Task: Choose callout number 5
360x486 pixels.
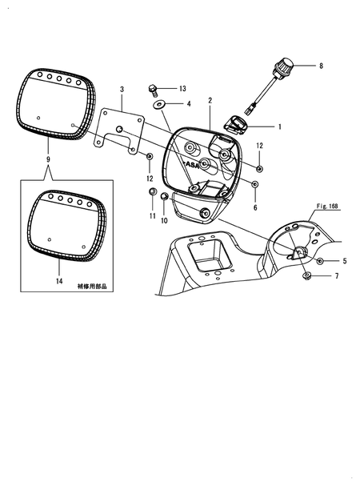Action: click(x=335, y=276)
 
